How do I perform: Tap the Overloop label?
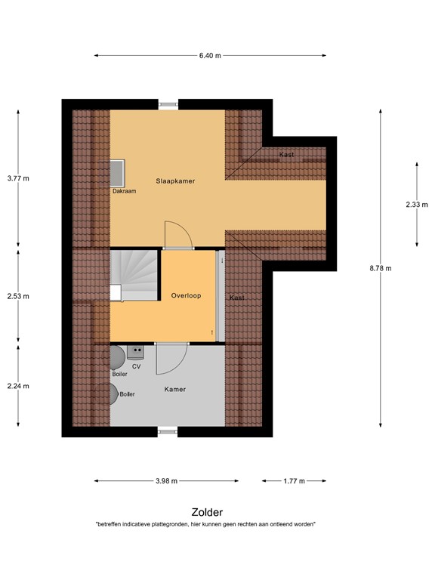[x=185, y=295]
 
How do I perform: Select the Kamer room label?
[x=175, y=389]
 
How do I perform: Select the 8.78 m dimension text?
[x=380, y=268]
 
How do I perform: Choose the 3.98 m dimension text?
[x=166, y=480]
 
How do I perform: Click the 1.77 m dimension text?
[x=294, y=480]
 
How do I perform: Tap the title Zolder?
[x=207, y=511]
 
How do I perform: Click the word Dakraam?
[x=124, y=191]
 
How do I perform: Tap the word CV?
[x=136, y=366]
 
